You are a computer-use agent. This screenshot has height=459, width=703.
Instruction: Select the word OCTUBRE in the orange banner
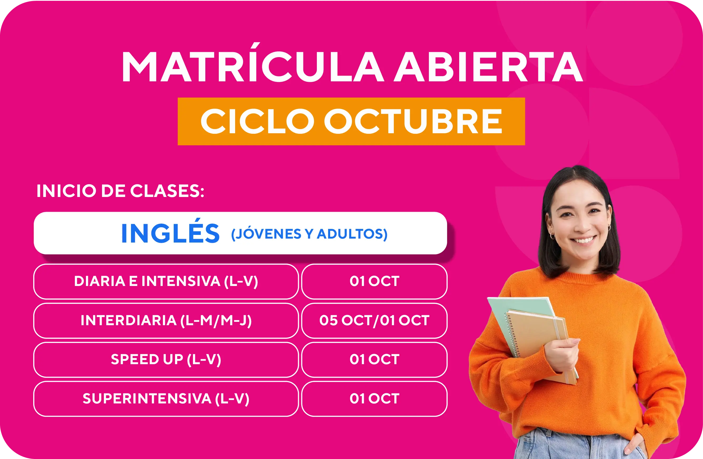(413, 121)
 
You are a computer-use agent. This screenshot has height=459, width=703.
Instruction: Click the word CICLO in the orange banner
(257, 121)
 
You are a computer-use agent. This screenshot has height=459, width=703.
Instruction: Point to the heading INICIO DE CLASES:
(120, 191)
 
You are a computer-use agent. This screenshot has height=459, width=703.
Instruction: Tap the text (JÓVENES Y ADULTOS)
(309, 234)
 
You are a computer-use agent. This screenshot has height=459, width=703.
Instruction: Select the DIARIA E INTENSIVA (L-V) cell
(166, 281)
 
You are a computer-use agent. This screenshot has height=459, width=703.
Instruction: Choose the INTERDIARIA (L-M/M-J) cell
(166, 320)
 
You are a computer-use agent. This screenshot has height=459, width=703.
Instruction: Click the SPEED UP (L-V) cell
(166, 359)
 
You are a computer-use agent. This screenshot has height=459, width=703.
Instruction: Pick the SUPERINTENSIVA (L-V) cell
(166, 399)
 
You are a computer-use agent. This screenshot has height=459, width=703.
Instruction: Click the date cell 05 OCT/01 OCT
(374, 320)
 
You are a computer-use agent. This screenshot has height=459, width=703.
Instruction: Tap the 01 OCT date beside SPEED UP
(374, 359)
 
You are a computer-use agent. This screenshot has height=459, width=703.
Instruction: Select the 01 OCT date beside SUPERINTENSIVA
(374, 399)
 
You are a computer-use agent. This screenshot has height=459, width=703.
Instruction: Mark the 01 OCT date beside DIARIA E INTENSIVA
(374, 281)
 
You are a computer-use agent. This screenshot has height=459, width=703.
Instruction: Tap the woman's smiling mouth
(583, 239)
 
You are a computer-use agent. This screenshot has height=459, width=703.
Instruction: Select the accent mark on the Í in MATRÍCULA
(255, 46)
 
